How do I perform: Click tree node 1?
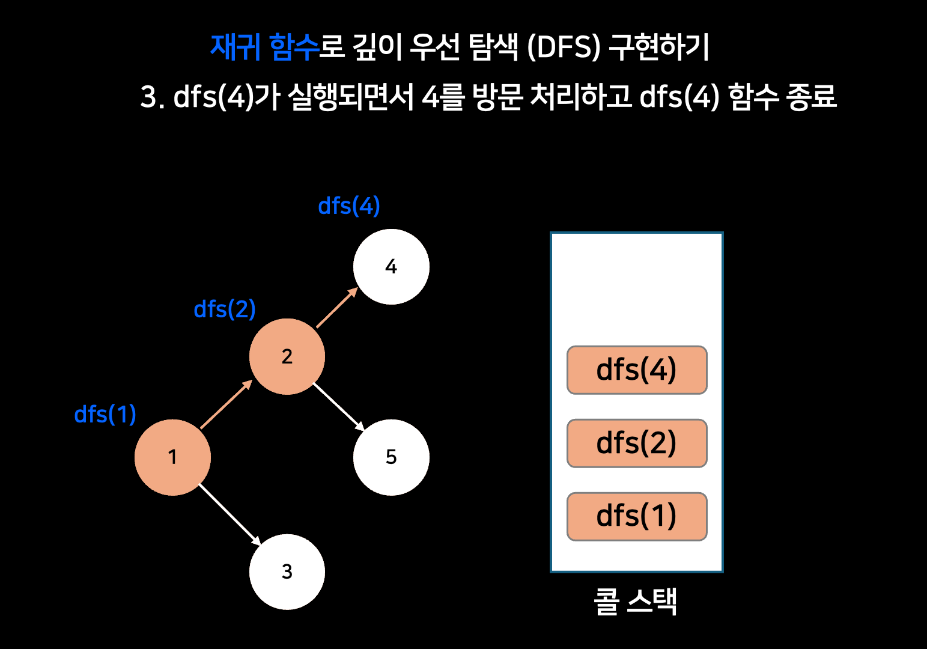pyautogui.click(x=172, y=457)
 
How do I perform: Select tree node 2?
pyautogui.click(x=287, y=356)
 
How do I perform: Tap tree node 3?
pyautogui.click(x=287, y=571)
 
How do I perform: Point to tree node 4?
pyautogui.click(x=391, y=267)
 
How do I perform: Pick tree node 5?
pyautogui.click(x=391, y=457)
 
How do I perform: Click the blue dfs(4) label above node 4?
pyautogui.click(x=348, y=206)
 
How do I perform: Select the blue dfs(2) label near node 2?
pyautogui.click(x=225, y=309)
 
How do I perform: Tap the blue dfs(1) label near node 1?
pyautogui.click(x=105, y=415)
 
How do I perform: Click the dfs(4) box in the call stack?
pyautogui.click(x=637, y=370)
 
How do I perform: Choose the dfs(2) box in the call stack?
pyautogui.click(x=637, y=443)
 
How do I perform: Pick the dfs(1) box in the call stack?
pyautogui.click(x=637, y=517)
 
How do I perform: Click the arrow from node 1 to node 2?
pyautogui.click(x=226, y=404)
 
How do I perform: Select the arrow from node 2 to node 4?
pyautogui.click(x=337, y=308)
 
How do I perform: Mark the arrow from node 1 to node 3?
pyautogui.click(x=230, y=515)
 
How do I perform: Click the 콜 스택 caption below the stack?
pyautogui.click(x=636, y=602)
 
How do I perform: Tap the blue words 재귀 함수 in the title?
pyautogui.click(x=264, y=47)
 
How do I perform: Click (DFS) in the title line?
pyautogui.click(x=564, y=47)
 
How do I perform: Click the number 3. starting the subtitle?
pyautogui.click(x=152, y=97)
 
